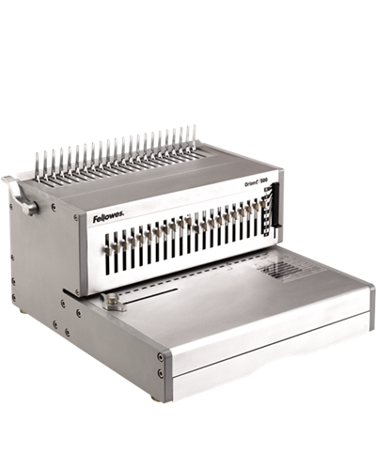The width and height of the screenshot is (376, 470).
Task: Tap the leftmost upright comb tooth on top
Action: [x=39, y=162]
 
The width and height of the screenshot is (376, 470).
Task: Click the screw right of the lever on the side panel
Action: [x=54, y=207]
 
